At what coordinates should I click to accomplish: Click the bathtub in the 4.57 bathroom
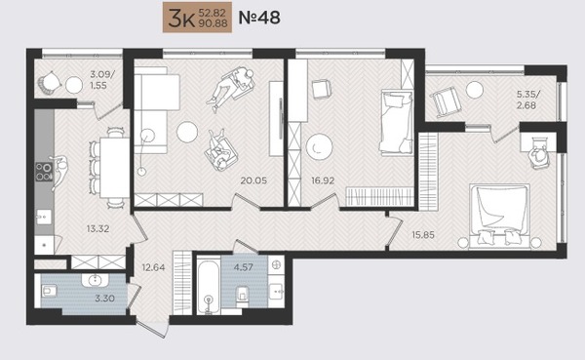click(206, 285)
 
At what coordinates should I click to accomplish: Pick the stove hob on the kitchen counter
click(44, 173)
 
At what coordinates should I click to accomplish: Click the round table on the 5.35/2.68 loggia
click(475, 90)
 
